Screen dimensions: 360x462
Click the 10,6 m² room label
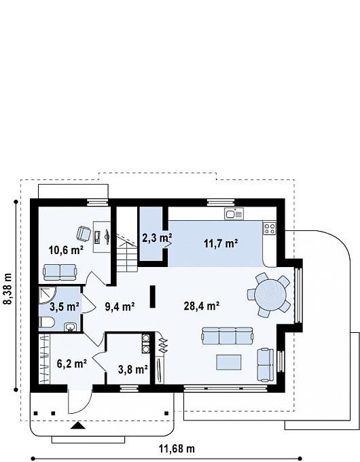[66, 250]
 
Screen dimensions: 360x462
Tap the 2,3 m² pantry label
[157, 237]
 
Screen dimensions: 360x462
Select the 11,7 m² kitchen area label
[221, 243]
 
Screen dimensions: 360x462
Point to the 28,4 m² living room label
[202, 306]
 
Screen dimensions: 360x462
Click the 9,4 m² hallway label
[120, 306]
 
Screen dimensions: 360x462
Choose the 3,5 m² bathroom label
[65, 306]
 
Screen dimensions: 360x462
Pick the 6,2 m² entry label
[71, 363]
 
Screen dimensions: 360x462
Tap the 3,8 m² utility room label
[133, 369]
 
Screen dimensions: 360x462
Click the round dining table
[270, 294]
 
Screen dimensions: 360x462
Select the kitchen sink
[234, 213]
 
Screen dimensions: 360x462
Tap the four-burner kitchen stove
[270, 228]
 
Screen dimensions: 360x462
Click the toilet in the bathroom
[46, 322]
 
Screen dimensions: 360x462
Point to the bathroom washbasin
[71, 327]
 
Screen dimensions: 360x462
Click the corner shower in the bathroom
[47, 295]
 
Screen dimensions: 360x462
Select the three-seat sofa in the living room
[227, 336]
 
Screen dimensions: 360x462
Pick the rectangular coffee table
[229, 362]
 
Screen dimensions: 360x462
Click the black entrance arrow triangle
[78, 425]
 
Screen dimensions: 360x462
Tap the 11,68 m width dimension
[177, 448]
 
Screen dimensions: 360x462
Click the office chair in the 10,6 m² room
[84, 233]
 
